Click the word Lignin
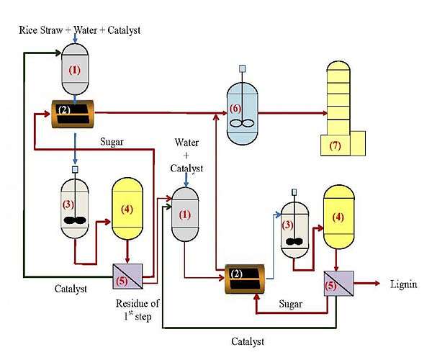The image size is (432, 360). click(403, 284)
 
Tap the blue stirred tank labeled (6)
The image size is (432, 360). click(242, 112)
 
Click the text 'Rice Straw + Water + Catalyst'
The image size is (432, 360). click(79, 30)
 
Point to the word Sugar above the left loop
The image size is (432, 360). click(112, 142)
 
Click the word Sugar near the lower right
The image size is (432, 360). click(290, 304)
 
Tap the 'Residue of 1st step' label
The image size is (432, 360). click(138, 310)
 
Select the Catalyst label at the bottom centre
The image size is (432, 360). click(248, 341)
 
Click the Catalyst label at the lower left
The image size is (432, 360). click(71, 289)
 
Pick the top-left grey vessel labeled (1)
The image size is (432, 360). click(75, 69)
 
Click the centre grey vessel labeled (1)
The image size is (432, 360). click(185, 215)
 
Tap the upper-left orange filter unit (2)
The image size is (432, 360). click(73, 114)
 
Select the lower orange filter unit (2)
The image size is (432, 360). click(245, 279)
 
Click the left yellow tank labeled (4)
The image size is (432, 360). click(127, 209)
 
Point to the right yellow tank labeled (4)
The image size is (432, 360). click(338, 217)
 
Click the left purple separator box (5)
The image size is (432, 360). click(128, 276)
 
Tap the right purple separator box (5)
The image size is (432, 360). click(338, 284)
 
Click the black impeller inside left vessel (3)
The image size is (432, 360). click(75, 220)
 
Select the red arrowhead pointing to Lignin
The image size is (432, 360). click(377, 284)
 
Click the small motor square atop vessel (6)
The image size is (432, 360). click(242, 68)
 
